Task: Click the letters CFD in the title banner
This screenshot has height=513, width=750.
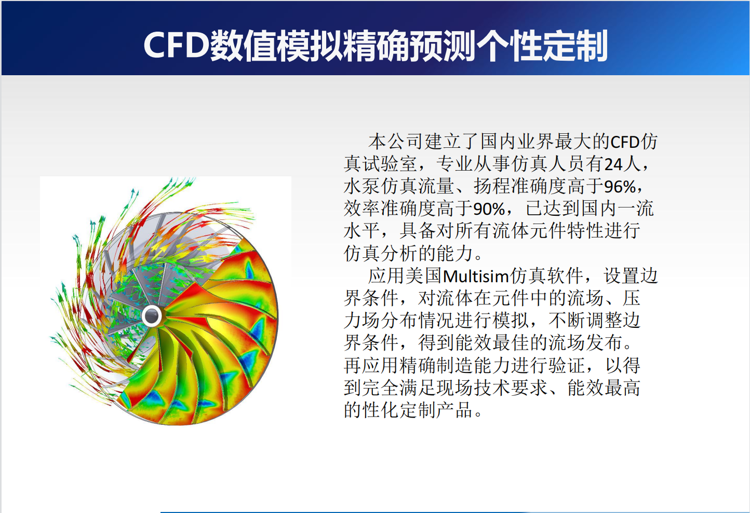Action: [x=177, y=45]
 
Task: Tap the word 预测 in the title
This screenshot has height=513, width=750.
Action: [x=443, y=46]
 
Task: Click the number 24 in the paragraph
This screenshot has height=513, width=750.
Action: [x=613, y=164]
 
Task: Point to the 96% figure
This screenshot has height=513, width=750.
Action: [x=620, y=187]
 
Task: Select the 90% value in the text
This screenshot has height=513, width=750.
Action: [x=489, y=209]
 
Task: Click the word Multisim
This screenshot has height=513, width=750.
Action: [x=476, y=276]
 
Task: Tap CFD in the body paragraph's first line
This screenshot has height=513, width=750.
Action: [x=625, y=142]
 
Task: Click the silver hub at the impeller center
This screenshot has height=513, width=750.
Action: [x=152, y=316]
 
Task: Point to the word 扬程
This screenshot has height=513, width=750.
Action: [x=492, y=187]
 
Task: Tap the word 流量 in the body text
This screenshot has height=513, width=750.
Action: [x=436, y=187]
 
